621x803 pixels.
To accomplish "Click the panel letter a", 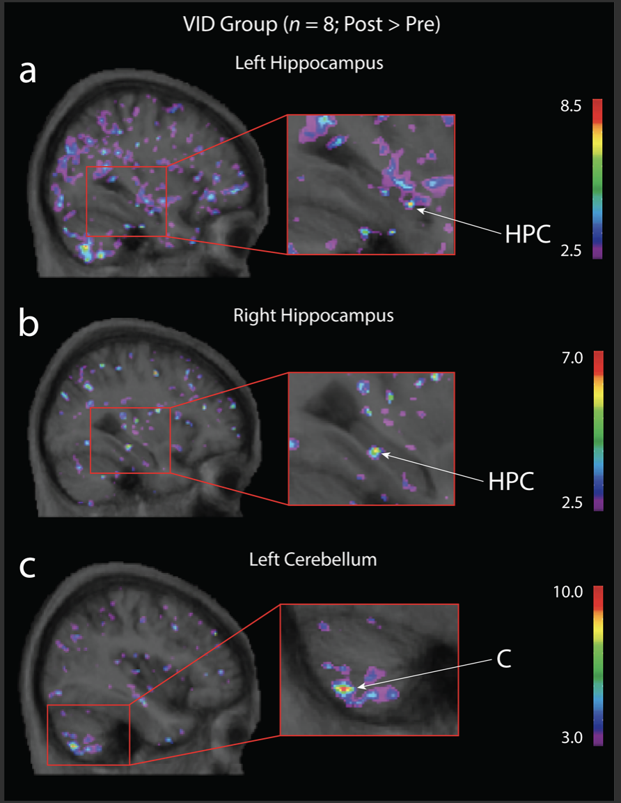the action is (x=28, y=72).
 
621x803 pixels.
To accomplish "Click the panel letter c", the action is (x=27, y=567).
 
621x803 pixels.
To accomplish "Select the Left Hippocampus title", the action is (x=309, y=63).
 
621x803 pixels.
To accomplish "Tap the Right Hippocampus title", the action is (x=313, y=316).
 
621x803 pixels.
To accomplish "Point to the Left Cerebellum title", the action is (x=313, y=559).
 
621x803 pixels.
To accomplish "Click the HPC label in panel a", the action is (x=528, y=234).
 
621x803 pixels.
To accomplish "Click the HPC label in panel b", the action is (x=511, y=482).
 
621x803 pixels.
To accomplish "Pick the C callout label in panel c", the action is (x=504, y=659).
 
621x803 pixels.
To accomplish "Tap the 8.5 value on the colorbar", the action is (x=571, y=106).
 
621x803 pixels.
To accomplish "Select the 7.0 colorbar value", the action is (x=572, y=358).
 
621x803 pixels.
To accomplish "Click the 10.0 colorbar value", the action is (x=568, y=592).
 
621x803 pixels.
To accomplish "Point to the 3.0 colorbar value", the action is (x=572, y=737).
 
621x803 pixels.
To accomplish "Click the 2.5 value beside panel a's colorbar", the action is (x=571, y=250).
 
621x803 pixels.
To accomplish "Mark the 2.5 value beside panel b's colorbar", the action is (x=572, y=503).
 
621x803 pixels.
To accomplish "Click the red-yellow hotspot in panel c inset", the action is (x=343, y=689).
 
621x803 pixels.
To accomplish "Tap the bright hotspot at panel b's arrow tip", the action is (x=375, y=452).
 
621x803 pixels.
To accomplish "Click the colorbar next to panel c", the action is (x=598, y=666).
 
